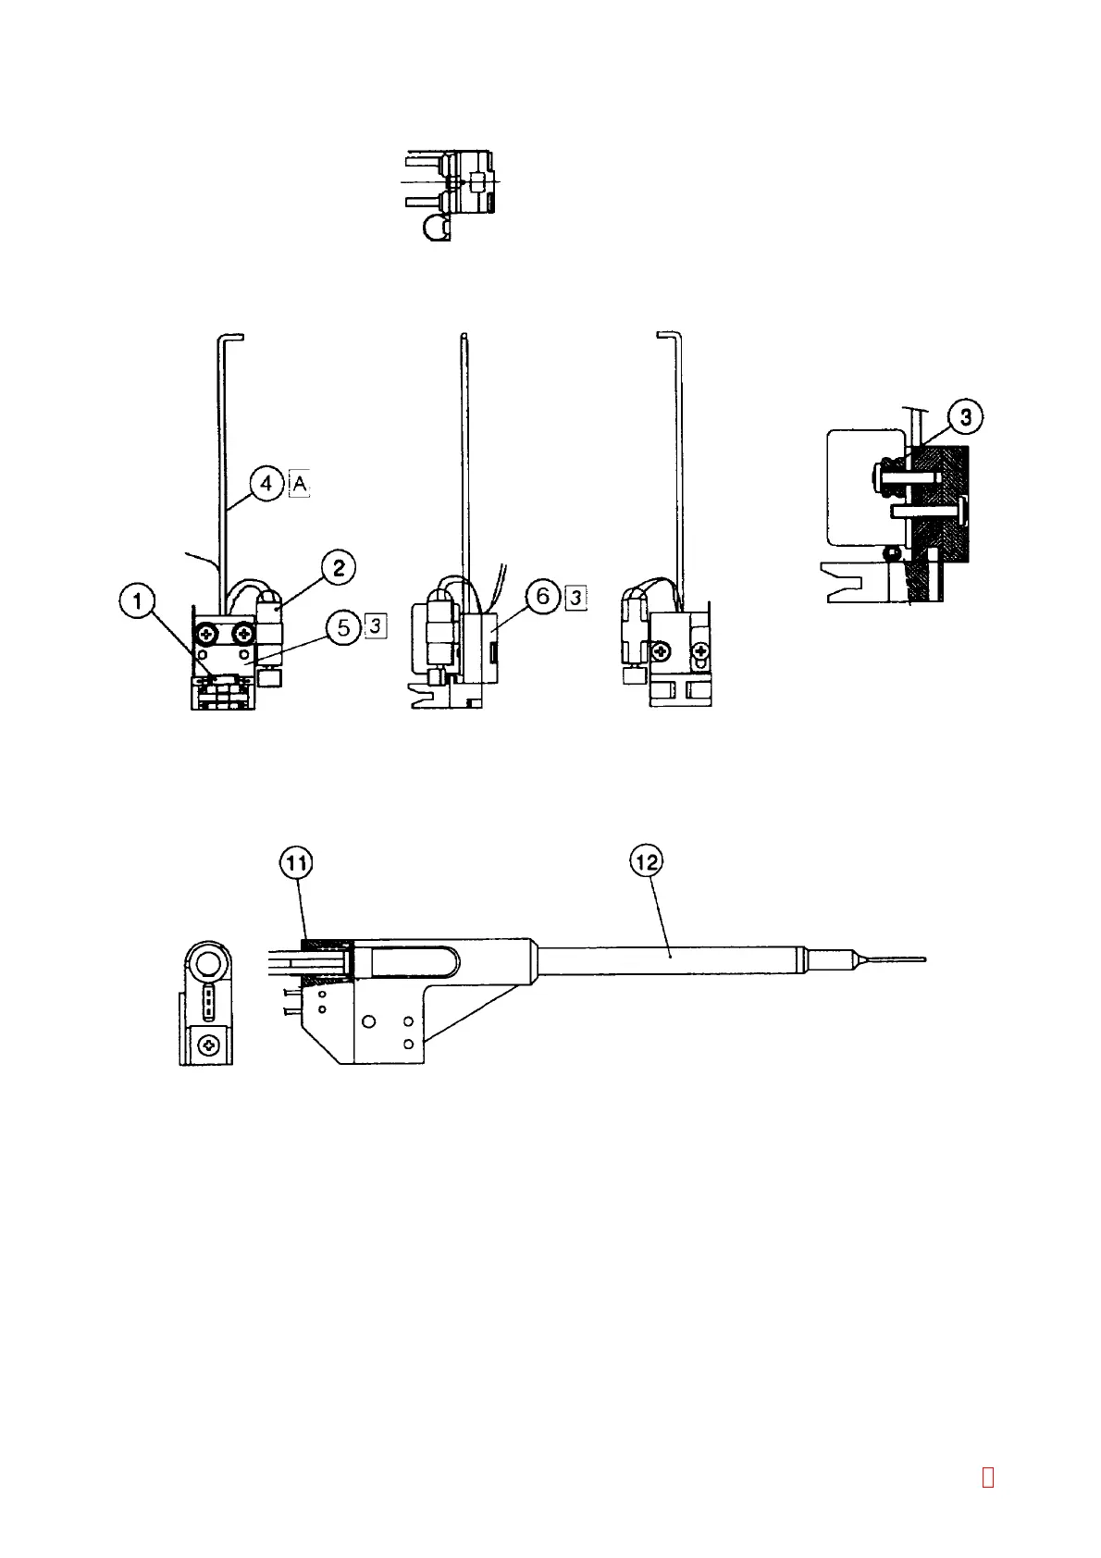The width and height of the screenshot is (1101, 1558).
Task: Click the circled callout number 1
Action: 138,602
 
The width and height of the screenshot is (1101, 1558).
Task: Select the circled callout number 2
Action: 339,567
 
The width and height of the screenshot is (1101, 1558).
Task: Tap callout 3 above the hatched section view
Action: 965,417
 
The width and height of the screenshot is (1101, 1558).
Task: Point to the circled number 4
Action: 266,483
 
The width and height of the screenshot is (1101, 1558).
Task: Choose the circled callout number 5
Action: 344,627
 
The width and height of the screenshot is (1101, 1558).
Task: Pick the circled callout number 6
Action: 543,597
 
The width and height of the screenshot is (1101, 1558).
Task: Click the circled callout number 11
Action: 297,863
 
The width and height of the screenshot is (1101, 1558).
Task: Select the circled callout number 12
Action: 647,861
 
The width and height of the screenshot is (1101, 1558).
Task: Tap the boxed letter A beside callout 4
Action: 299,483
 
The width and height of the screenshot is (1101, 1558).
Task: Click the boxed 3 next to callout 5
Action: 375,626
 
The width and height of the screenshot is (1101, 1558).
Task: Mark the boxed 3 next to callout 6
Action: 575,597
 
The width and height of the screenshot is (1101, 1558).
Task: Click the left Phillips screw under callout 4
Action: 206,634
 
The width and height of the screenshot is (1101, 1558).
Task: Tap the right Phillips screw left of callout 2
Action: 243,634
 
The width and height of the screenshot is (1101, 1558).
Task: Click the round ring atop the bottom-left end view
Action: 206,967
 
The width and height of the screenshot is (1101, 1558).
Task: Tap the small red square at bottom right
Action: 988,1477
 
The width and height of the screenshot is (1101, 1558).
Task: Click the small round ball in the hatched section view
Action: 895,552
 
